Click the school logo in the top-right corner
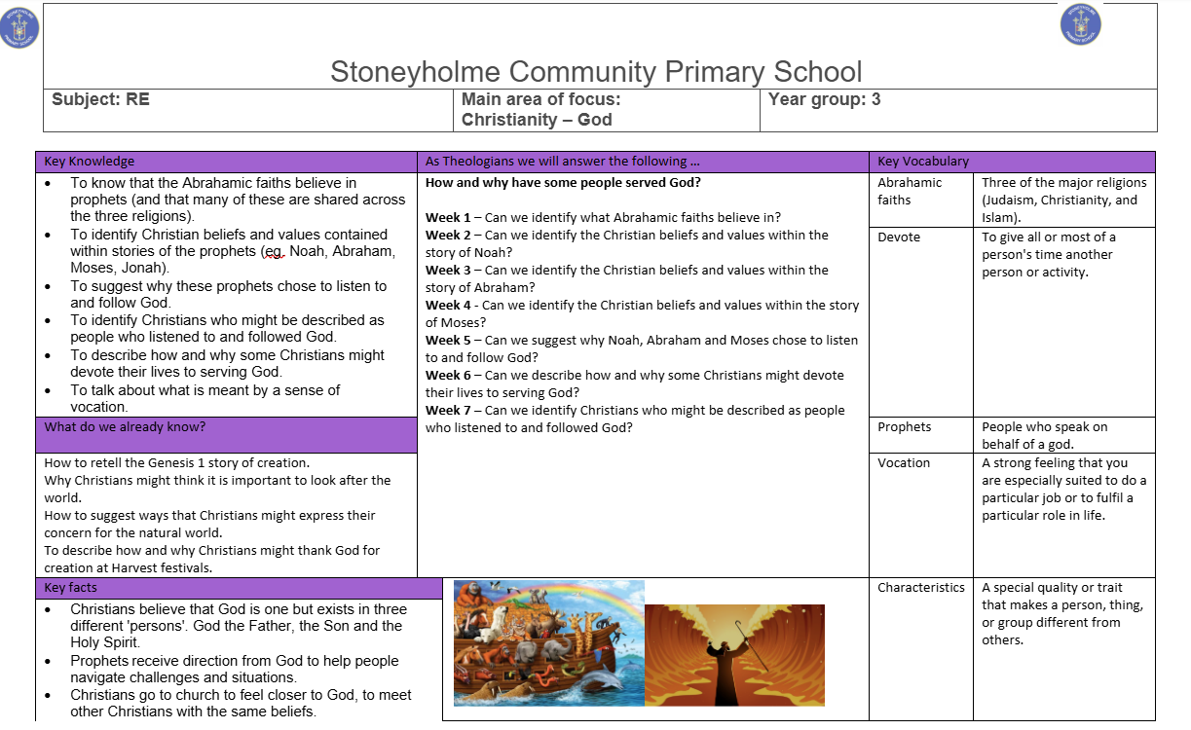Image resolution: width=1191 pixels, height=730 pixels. tap(1080, 23)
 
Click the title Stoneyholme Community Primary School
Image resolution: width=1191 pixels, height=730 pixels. tap(596, 72)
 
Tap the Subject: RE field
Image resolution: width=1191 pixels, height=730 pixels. tap(100, 99)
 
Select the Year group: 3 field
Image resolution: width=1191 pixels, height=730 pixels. tap(824, 99)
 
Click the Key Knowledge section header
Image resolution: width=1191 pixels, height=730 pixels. tap(90, 162)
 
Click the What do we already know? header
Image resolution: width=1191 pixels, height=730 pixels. tap(125, 427)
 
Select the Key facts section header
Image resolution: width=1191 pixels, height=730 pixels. tap(70, 588)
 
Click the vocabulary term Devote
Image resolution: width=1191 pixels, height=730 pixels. tap(899, 237)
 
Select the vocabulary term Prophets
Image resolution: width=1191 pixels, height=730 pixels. tap(904, 427)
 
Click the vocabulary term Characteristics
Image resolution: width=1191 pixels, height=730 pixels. tap(921, 588)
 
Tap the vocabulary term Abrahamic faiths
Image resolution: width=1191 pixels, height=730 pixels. tap(910, 191)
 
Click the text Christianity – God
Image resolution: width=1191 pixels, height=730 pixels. tap(537, 120)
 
